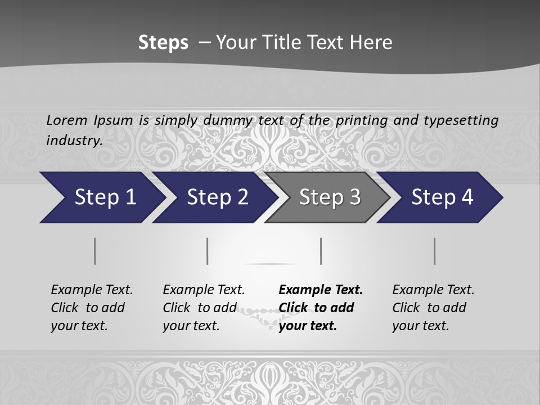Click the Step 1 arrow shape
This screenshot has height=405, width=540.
point(101,197)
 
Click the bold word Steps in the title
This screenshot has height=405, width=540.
point(163,43)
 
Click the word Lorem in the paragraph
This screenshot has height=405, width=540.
point(66,120)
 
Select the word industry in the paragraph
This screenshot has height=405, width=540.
point(74,140)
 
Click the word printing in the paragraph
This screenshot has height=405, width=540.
point(362,120)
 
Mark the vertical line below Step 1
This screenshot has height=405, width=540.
point(95,251)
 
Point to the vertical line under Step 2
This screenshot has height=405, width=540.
point(208,251)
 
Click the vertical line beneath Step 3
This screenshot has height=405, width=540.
point(321,251)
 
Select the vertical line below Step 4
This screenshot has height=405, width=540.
point(435,251)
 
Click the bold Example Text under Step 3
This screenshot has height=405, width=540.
point(321,290)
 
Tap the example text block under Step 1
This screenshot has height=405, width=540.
point(92,308)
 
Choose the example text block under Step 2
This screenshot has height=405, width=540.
point(204,308)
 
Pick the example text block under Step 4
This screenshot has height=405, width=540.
point(433,308)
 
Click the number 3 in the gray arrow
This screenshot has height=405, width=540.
point(354,197)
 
